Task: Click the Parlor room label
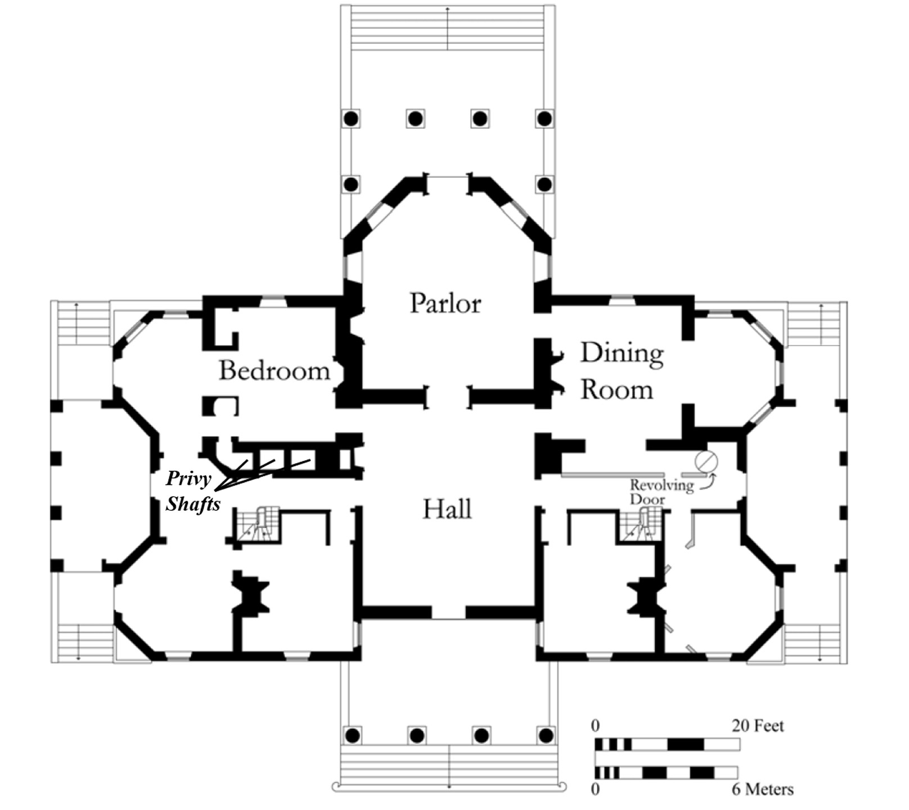tap(445, 304)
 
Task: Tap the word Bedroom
tap(274, 371)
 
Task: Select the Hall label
tap(447, 510)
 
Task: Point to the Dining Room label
tap(621, 371)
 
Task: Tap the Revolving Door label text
tap(661, 492)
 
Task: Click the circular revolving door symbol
tap(706, 461)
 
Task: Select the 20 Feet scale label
tap(758, 726)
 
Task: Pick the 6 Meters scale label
tap(762, 789)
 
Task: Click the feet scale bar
tap(667, 745)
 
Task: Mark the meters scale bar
tap(666, 772)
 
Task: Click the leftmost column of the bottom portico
tap(352, 735)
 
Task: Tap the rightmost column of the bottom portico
tap(546, 735)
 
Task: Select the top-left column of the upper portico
tap(351, 119)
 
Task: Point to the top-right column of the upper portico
tap(544, 119)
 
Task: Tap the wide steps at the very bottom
tap(449, 765)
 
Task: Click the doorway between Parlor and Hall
tap(448, 397)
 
